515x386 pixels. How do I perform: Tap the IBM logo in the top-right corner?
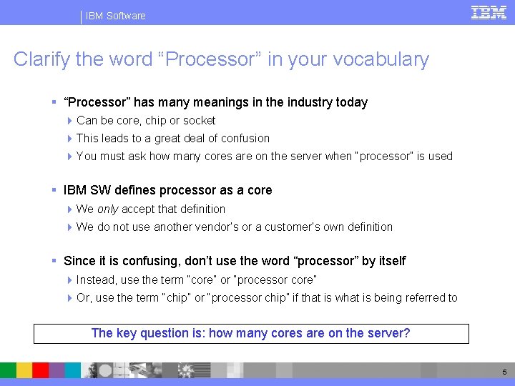(x=489, y=12)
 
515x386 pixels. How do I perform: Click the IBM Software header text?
(x=115, y=16)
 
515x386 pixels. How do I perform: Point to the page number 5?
(x=504, y=372)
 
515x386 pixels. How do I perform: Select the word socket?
(x=200, y=121)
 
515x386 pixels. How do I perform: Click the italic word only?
(x=108, y=209)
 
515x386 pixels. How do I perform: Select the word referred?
(x=418, y=298)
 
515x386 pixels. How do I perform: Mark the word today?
(x=352, y=102)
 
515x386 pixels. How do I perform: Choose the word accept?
(x=138, y=209)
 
